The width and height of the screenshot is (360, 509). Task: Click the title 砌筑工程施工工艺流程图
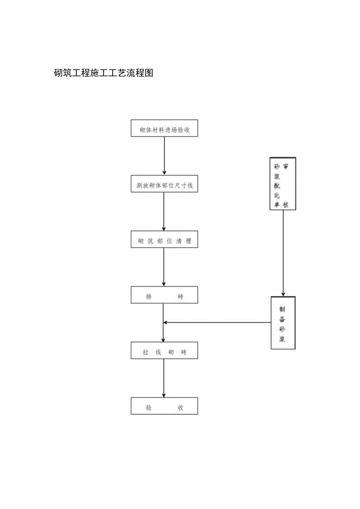(103, 73)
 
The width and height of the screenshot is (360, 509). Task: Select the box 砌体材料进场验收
(164, 128)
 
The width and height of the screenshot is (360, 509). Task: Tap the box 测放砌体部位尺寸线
(164, 184)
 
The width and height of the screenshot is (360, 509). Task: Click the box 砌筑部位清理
(164, 239)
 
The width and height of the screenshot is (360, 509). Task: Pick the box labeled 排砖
(164, 295)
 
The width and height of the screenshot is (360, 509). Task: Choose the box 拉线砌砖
(164, 351)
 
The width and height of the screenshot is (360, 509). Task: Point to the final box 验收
(164, 406)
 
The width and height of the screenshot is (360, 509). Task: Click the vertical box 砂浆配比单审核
(283, 183)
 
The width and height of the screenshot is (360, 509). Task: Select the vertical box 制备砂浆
(283, 323)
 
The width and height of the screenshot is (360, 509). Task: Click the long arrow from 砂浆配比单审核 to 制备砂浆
(283, 253)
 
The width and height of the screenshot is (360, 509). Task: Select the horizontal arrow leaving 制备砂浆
(217, 322)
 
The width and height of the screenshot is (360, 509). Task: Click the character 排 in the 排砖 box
(149, 297)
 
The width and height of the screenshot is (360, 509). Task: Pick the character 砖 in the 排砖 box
(180, 297)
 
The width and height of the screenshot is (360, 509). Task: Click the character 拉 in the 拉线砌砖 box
(146, 353)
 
